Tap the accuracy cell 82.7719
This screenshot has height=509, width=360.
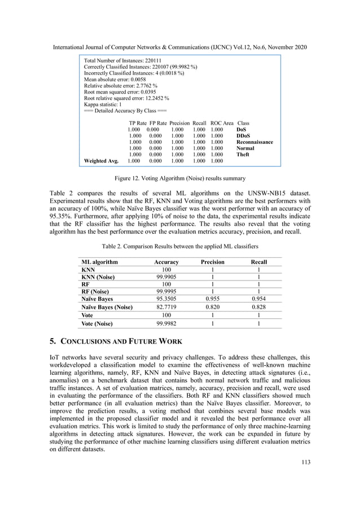pos(166,307)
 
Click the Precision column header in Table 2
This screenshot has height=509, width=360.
pos(213,262)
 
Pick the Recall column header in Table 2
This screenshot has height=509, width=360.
pos(258,262)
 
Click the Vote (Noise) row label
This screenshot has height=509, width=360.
pos(97,324)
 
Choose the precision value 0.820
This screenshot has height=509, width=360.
pos(213,307)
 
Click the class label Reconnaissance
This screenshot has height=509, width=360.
pos(254,142)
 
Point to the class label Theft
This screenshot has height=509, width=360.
pos(243,154)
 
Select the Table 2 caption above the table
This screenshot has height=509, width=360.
pos(179,247)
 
